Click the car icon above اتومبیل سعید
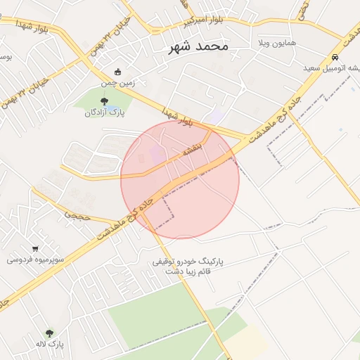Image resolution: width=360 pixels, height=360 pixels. tap(335, 57)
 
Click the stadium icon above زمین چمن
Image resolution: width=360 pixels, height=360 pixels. tap(118, 72)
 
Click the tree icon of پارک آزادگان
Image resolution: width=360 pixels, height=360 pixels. tap(104, 102)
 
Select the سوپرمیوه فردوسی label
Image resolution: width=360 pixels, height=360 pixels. tap(36, 259)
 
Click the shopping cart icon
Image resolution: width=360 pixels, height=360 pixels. tap(35, 248)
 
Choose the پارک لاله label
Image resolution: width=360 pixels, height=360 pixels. tap(50, 345)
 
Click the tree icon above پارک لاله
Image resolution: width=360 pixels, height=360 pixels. tap(49, 333)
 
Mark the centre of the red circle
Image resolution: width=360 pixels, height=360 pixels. tap(180, 179)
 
